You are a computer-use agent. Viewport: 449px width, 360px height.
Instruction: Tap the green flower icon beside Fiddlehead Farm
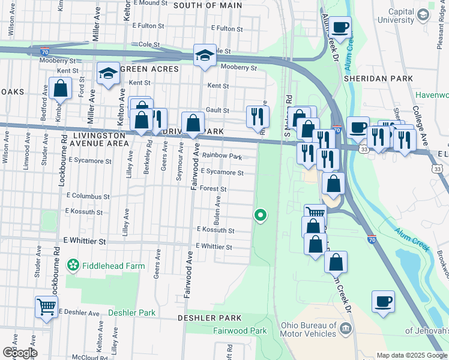tap(73, 265)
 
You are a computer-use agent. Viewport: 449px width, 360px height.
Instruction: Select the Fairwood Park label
tap(240, 331)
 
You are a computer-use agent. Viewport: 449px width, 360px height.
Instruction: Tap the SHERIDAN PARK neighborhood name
tap(378, 79)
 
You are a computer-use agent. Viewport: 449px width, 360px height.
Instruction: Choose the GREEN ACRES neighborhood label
tap(149, 69)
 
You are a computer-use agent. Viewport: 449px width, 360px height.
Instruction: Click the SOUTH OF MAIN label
tap(208, 5)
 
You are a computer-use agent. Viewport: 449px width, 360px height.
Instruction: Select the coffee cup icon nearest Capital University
tap(340, 27)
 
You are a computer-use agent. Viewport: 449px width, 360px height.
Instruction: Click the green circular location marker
tap(260, 214)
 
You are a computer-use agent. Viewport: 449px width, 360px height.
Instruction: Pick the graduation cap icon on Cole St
tap(204, 55)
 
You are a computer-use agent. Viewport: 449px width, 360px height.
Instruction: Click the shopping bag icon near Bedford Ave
tap(61, 89)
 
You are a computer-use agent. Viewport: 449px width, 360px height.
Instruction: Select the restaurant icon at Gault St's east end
tap(258, 115)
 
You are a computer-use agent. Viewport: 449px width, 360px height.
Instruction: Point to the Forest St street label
tap(212, 188)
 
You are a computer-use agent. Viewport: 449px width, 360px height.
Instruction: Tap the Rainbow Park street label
tap(221, 157)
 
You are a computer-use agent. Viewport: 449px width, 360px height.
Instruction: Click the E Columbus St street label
tap(88, 196)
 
